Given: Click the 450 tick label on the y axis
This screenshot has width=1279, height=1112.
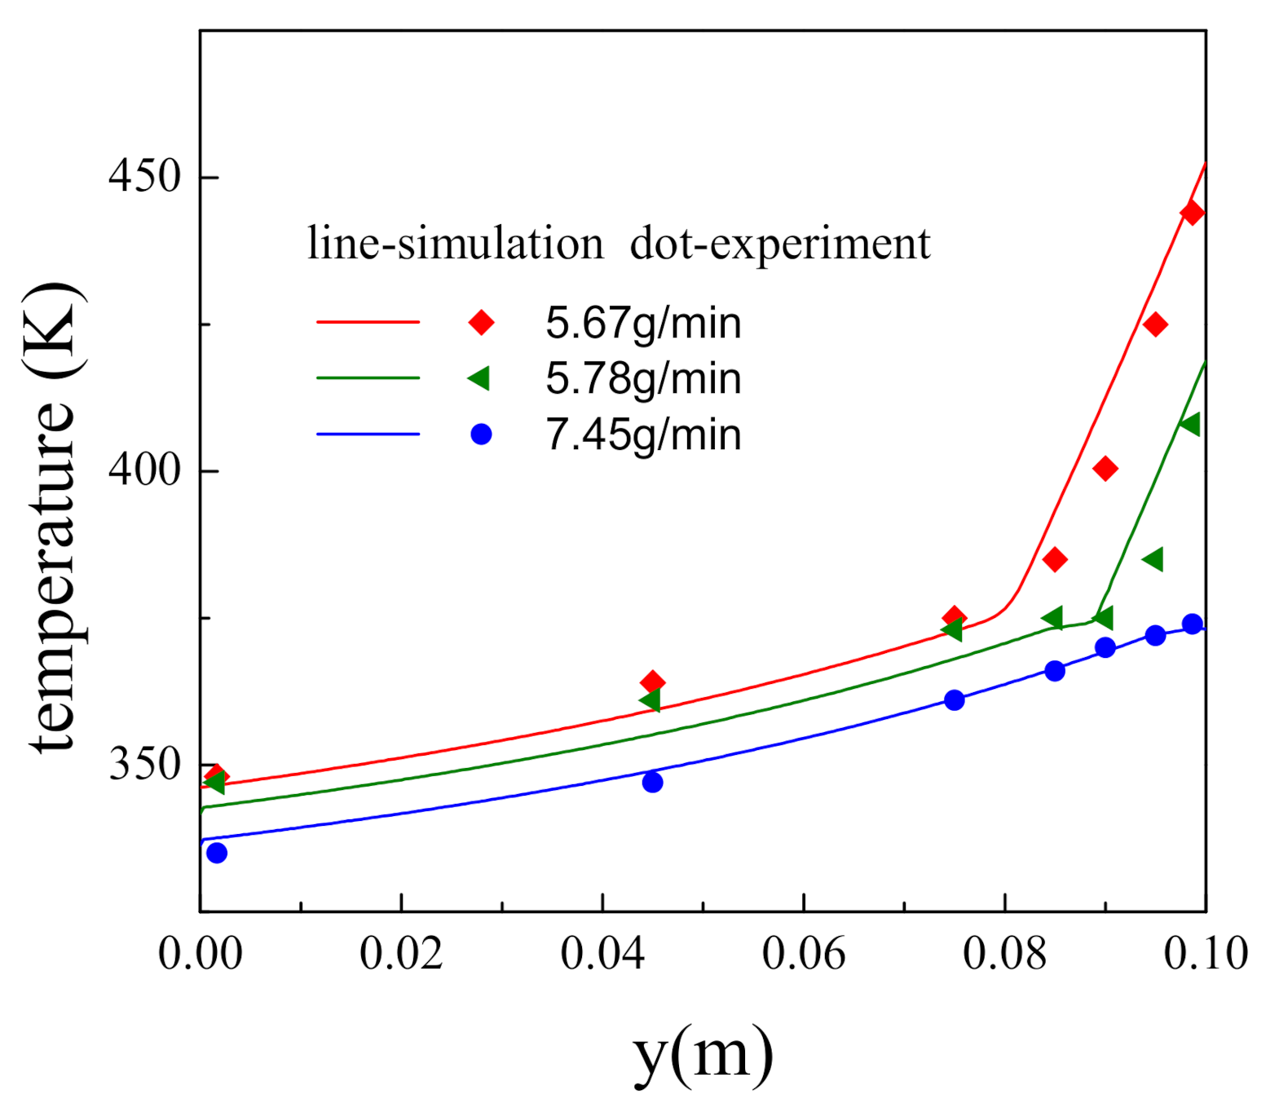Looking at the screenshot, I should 144,177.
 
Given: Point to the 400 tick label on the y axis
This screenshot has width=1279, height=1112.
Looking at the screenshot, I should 144,470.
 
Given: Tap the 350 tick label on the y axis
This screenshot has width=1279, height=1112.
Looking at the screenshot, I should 144,764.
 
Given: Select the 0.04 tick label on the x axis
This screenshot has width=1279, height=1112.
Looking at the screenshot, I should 602,953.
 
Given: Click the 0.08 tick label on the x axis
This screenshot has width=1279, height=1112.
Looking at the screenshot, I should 1004,953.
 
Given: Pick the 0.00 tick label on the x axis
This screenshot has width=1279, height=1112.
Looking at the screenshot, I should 201,953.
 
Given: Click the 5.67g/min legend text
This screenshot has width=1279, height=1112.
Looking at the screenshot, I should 643,323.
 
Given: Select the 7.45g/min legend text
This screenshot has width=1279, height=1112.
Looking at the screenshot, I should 643,435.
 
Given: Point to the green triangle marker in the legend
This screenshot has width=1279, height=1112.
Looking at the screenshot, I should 479,378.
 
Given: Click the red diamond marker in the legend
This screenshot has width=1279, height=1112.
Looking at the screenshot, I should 481,323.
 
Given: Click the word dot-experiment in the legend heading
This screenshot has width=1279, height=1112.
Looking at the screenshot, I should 779,243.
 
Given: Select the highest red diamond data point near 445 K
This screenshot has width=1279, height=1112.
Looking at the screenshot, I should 1192,213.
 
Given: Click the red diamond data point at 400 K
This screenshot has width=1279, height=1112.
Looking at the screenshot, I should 1105,469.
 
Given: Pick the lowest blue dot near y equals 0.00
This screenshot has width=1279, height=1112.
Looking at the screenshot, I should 217,854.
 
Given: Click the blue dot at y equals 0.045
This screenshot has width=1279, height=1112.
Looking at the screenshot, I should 652,783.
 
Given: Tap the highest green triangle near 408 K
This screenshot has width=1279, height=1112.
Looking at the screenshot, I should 1190,424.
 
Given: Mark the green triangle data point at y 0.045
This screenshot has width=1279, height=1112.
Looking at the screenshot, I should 650,700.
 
